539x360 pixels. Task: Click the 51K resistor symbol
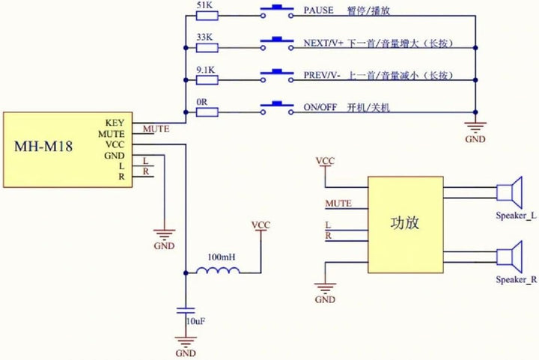point(207,16)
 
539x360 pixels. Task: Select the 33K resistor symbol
point(207,48)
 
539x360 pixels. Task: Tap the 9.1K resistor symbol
point(207,80)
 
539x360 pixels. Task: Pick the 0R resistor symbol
point(207,112)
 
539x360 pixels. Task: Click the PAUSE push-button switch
point(277,11)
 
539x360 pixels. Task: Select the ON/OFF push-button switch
point(277,108)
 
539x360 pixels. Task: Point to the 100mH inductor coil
point(218,270)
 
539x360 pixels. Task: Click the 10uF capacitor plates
point(186,311)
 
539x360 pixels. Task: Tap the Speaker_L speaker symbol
point(510,192)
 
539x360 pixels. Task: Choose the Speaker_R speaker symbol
point(510,257)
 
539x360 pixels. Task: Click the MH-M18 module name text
point(43,147)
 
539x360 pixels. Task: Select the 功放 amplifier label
point(405,223)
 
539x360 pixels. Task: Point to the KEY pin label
point(115,123)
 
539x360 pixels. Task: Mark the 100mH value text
point(222,257)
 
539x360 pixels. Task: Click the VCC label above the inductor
point(261,225)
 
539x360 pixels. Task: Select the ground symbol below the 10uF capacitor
point(186,341)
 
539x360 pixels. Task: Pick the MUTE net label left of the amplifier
point(338,204)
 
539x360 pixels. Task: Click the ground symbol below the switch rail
point(475,127)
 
